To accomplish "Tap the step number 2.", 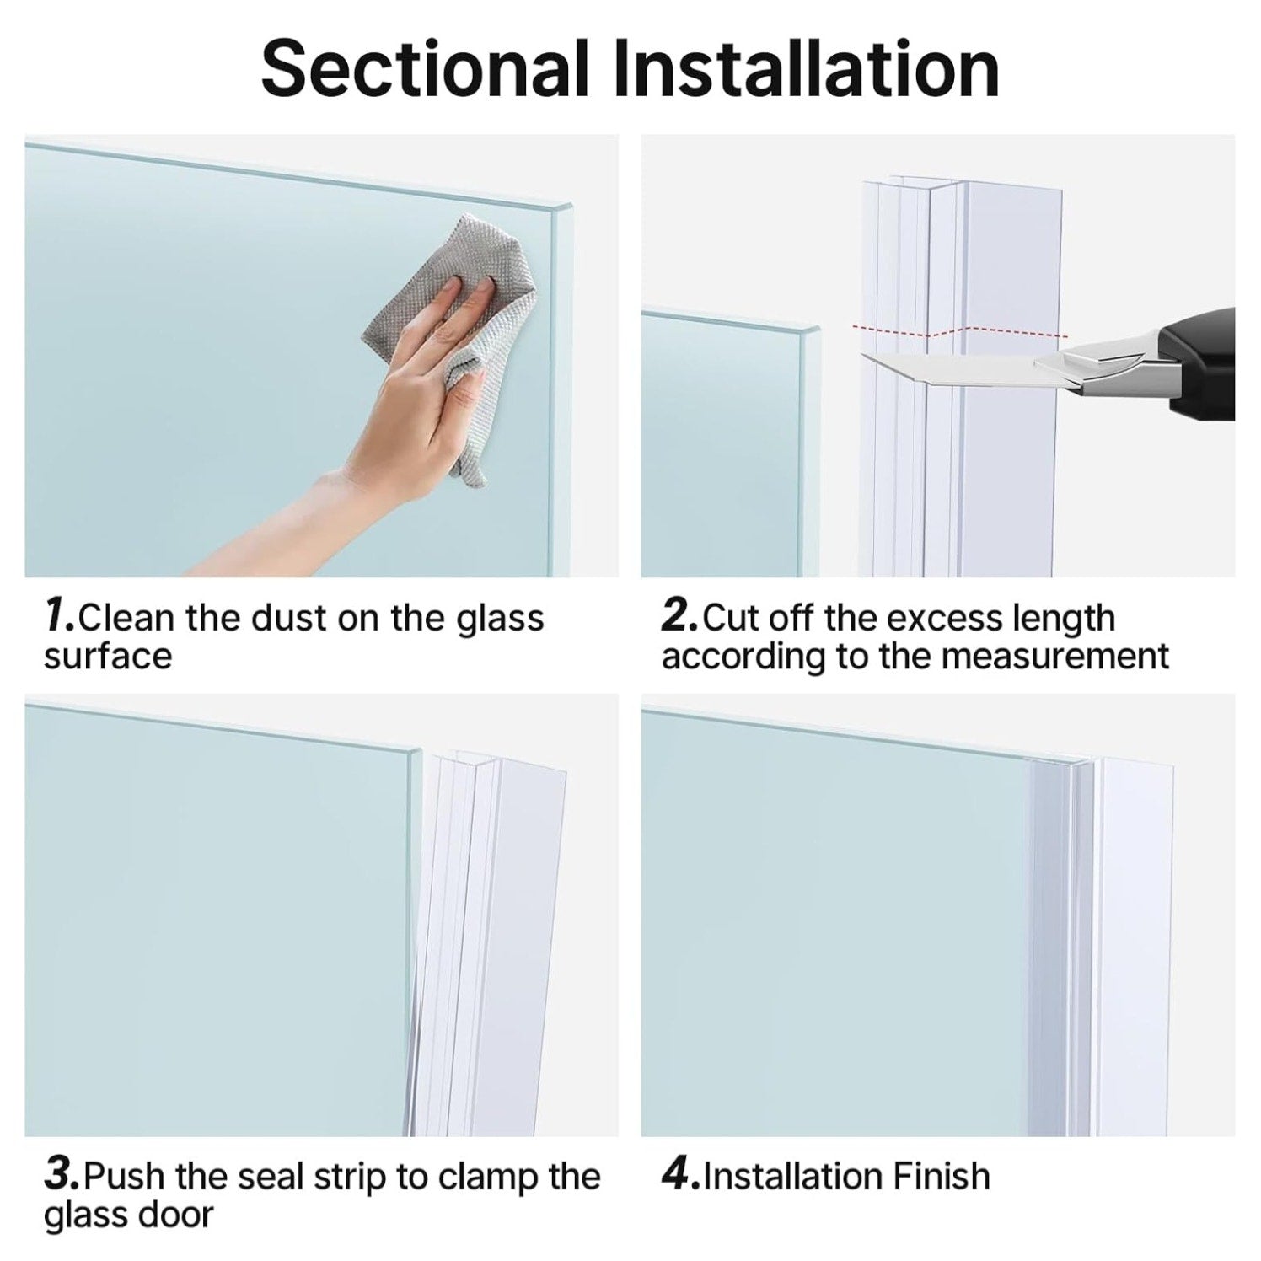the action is coord(679,617).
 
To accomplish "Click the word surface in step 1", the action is coord(108,657).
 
